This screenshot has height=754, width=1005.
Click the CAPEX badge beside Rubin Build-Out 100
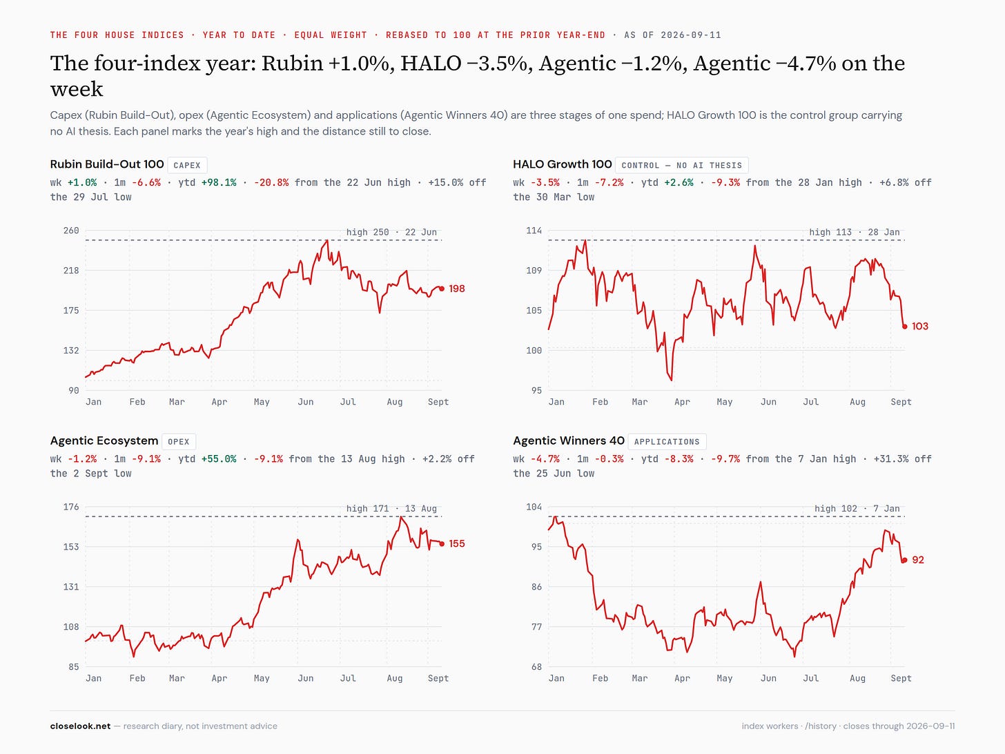[187, 165]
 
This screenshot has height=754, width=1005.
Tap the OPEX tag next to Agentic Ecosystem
[179, 442]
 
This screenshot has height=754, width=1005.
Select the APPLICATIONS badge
[667, 442]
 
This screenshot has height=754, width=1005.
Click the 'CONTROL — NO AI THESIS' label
[681, 165]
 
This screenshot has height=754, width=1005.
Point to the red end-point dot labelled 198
[442, 289]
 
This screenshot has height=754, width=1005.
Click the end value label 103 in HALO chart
[920, 327]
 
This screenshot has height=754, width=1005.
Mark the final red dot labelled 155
[442, 544]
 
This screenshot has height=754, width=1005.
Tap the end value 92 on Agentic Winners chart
[918, 560]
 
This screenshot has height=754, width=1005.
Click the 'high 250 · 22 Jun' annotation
[391, 232]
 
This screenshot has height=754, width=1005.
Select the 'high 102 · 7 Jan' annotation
[857, 509]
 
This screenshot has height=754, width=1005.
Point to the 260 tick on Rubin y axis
[71, 231]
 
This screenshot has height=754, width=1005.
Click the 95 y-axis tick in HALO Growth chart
[536, 391]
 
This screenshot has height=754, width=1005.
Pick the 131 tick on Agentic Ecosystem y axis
[71, 587]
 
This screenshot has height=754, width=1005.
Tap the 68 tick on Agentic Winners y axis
[536, 667]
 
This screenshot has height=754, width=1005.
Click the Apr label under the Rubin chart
[219, 402]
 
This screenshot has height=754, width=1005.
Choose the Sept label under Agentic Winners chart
[901, 679]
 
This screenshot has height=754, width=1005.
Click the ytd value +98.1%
[219, 183]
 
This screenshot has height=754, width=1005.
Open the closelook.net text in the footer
[80, 726]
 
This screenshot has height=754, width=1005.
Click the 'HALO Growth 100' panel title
[563, 164]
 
